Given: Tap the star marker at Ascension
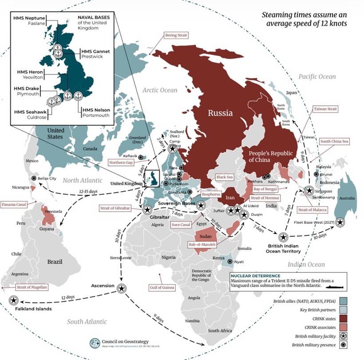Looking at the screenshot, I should coord(121,288).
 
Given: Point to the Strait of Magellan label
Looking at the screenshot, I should coord(31,287).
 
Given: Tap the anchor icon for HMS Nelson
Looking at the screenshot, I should coord(78,96).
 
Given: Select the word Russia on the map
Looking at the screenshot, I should coord(220,113).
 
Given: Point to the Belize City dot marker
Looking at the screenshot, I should coord(34,178).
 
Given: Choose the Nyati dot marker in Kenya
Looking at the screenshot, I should coord(229,261).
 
